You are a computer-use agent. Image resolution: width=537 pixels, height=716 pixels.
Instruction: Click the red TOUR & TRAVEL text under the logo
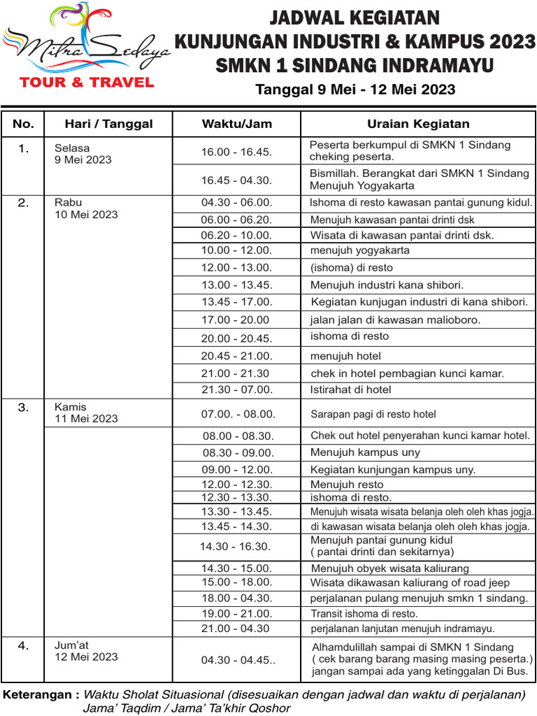87,83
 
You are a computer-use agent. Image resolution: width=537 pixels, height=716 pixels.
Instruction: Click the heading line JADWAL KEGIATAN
355,17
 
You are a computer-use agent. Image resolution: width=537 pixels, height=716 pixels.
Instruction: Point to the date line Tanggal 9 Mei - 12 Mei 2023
355,89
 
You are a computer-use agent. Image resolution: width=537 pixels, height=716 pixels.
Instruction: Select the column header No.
23,124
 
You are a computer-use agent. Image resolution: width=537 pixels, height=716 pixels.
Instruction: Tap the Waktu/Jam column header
237,124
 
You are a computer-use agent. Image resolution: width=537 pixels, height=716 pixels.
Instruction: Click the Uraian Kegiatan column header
418,124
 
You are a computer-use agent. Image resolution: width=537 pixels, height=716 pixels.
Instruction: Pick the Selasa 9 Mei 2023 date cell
83,154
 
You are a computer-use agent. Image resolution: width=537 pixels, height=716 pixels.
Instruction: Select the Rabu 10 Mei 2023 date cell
86,208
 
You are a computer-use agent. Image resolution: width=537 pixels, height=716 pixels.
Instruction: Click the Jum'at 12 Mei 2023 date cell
86,651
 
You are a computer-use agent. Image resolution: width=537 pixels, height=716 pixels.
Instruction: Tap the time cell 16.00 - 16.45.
236,151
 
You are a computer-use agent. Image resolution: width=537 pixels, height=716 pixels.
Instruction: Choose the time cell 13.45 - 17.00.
236,302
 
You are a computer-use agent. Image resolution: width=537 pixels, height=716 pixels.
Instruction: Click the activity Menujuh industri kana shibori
387,285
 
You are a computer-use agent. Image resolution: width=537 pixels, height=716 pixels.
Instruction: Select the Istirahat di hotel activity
350,389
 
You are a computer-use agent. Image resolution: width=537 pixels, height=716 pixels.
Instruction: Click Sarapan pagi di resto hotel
373,414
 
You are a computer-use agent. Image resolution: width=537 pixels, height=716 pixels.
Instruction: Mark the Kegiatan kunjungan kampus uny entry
393,469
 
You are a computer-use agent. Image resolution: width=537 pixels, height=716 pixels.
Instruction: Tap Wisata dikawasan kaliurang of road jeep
410,582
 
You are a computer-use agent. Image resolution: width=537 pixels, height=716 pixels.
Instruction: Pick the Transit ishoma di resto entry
364,613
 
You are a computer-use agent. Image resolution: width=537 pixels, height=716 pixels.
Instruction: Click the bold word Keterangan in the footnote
41,695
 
